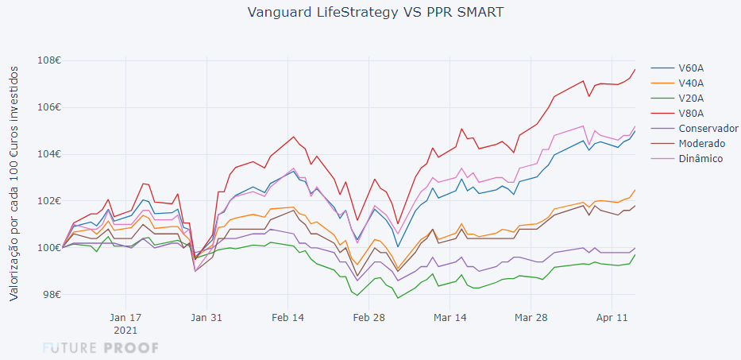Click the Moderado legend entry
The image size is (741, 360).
[x=701, y=143]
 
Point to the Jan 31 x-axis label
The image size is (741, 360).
[x=206, y=316]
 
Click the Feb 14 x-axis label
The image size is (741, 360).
[x=288, y=316]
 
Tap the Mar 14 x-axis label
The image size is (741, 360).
[x=450, y=316]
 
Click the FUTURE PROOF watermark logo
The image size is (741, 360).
[x=101, y=348]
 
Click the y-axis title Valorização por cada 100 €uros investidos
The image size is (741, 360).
[x=14, y=183]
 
